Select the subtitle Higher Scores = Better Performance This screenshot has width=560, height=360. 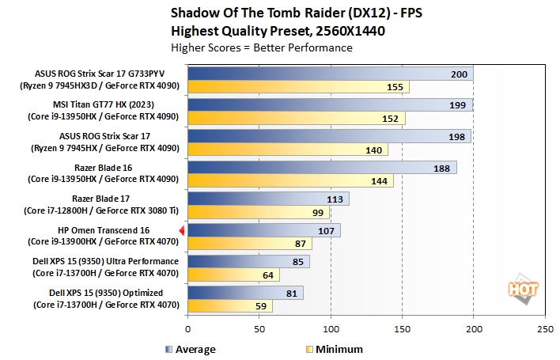click(x=261, y=47)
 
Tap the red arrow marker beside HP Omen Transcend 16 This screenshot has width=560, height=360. click(x=182, y=230)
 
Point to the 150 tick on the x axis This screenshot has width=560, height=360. click(x=402, y=328)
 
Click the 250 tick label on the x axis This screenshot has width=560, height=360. click(x=544, y=328)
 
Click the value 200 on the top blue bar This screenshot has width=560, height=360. click(x=458, y=74)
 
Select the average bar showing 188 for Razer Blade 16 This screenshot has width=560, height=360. click(x=322, y=168)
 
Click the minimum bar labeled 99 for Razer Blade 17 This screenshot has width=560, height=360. click(x=259, y=212)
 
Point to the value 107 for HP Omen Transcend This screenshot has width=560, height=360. click(x=325, y=230)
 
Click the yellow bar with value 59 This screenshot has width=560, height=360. click(x=229, y=305)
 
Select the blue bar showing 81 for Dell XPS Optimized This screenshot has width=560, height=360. click(x=245, y=292)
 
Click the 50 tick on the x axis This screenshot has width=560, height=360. click(x=259, y=328)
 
